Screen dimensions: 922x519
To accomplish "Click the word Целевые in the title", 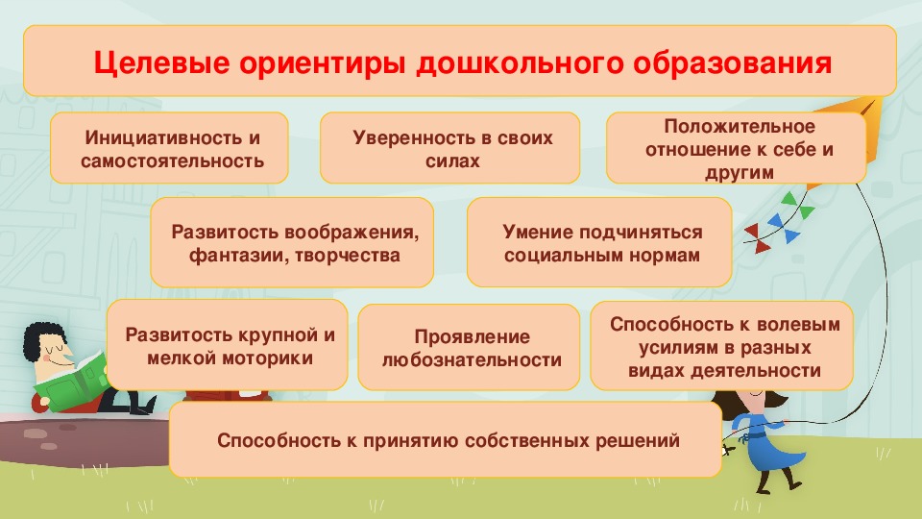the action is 161,63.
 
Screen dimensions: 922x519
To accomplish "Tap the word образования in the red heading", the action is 732,63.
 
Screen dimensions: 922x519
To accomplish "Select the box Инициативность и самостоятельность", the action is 169,148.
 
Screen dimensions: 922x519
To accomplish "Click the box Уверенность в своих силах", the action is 449,148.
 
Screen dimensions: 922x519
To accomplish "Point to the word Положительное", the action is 740,127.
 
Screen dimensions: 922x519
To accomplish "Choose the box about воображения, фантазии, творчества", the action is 292,242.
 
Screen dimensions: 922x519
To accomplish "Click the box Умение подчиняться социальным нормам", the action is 599,242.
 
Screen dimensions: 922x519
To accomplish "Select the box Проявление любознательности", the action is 469,347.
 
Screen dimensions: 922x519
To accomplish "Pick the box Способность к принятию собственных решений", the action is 446,439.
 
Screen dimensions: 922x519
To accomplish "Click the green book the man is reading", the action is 70,382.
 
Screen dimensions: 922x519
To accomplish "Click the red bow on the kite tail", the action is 759,238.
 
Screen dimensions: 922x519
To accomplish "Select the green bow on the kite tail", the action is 798,206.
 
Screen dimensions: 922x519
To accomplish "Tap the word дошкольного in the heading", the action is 520,63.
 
